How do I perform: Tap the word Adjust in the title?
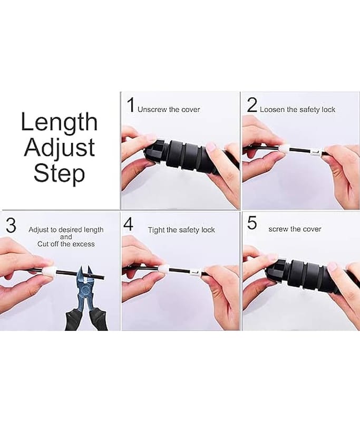point(60,148)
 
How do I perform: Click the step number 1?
point(131,105)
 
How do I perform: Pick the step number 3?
point(11,226)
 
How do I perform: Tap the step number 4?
point(129,224)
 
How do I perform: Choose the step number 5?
point(252,223)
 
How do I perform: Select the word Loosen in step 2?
point(272,110)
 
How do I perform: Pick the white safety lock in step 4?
point(163,268)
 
